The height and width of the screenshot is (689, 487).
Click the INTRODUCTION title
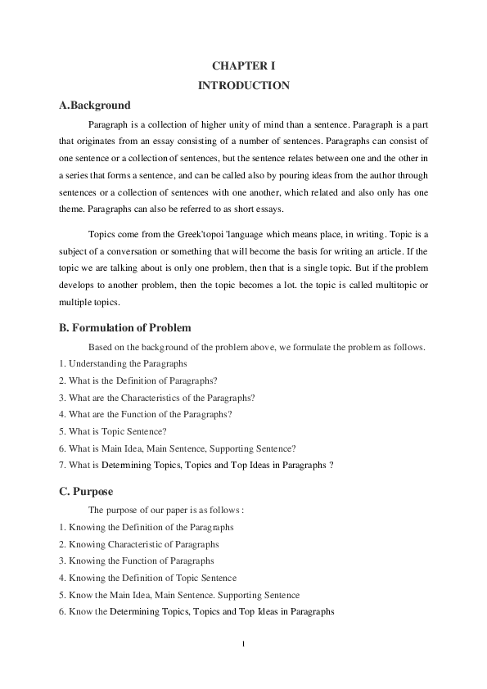[x=243, y=85]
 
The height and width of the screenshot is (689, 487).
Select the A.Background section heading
[x=95, y=106]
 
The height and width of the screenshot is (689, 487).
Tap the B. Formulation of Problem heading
[x=125, y=328]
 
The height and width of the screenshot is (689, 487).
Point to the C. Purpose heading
[x=86, y=491]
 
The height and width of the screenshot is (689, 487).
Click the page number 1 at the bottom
[x=243, y=643]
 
